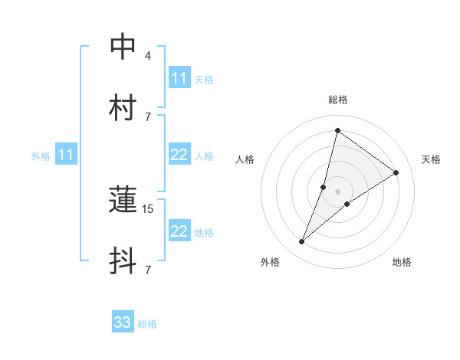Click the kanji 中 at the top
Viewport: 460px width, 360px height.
pos(123,47)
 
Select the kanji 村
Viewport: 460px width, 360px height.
pos(123,108)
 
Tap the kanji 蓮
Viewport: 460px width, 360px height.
pos(123,200)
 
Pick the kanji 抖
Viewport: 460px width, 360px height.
pos(123,260)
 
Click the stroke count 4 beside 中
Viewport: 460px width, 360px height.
pos(147,56)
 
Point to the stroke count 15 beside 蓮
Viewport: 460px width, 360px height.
pos(149,208)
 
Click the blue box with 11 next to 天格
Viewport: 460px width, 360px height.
pos(179,78)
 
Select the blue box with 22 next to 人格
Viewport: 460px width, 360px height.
pos(179,155)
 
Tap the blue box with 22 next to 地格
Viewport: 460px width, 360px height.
pos(179,231)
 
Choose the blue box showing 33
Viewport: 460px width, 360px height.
pos(123,322)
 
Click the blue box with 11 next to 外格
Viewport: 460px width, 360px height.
pos(66,155)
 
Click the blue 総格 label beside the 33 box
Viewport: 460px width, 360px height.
pos(147,324)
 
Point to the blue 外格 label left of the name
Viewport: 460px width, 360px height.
pos(41,156)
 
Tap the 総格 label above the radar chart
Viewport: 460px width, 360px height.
pos(337,100)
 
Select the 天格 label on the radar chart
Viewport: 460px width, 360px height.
pos(431,159)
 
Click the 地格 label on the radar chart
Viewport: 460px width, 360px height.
pos(402,262)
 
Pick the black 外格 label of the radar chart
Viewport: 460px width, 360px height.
pos(270,262)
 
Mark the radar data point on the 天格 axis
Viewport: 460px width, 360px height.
pos(396,172)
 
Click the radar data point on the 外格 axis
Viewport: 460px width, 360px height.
pos(302,242)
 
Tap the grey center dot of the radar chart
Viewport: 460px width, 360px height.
pos(337,191)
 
